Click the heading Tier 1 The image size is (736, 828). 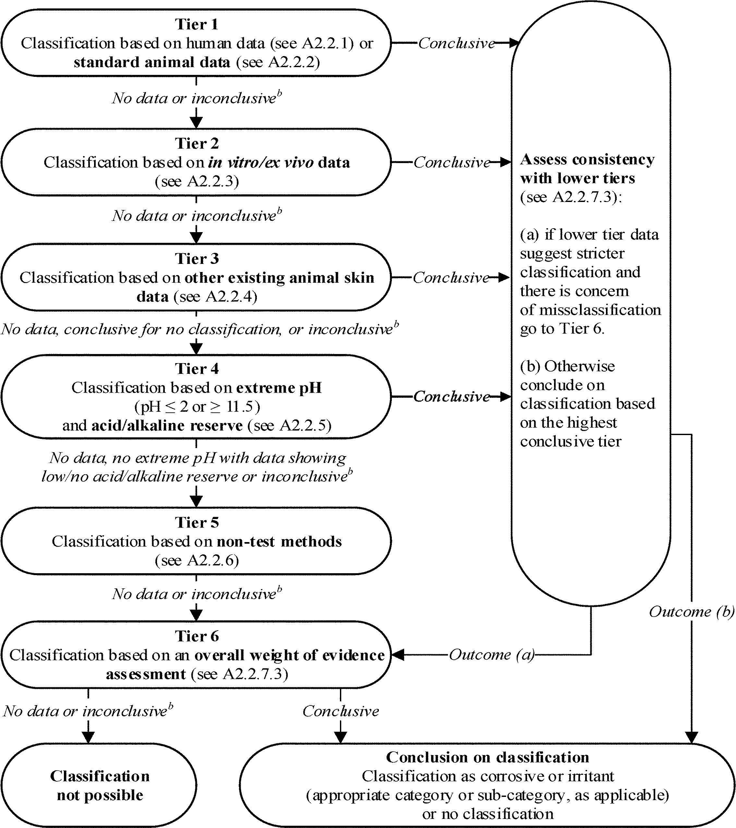click(197, 24)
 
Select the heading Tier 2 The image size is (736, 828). click(197, 143)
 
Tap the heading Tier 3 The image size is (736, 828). click(197, 258)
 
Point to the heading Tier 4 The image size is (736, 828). click(197, 369)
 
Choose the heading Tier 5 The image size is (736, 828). click(197, 522)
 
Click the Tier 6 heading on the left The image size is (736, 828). click(197, 636)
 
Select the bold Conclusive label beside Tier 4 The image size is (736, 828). click(452, 396)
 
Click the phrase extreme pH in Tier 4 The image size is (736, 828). click(279, 388)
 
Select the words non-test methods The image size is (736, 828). click(279, 541)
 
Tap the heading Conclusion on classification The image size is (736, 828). click(487, 757)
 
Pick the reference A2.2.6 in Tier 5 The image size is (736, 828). click(212, 560)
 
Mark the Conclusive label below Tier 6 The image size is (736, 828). click(341, 711)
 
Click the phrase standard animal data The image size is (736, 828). click(152, 62)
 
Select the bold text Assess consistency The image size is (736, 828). click(587, 160)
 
